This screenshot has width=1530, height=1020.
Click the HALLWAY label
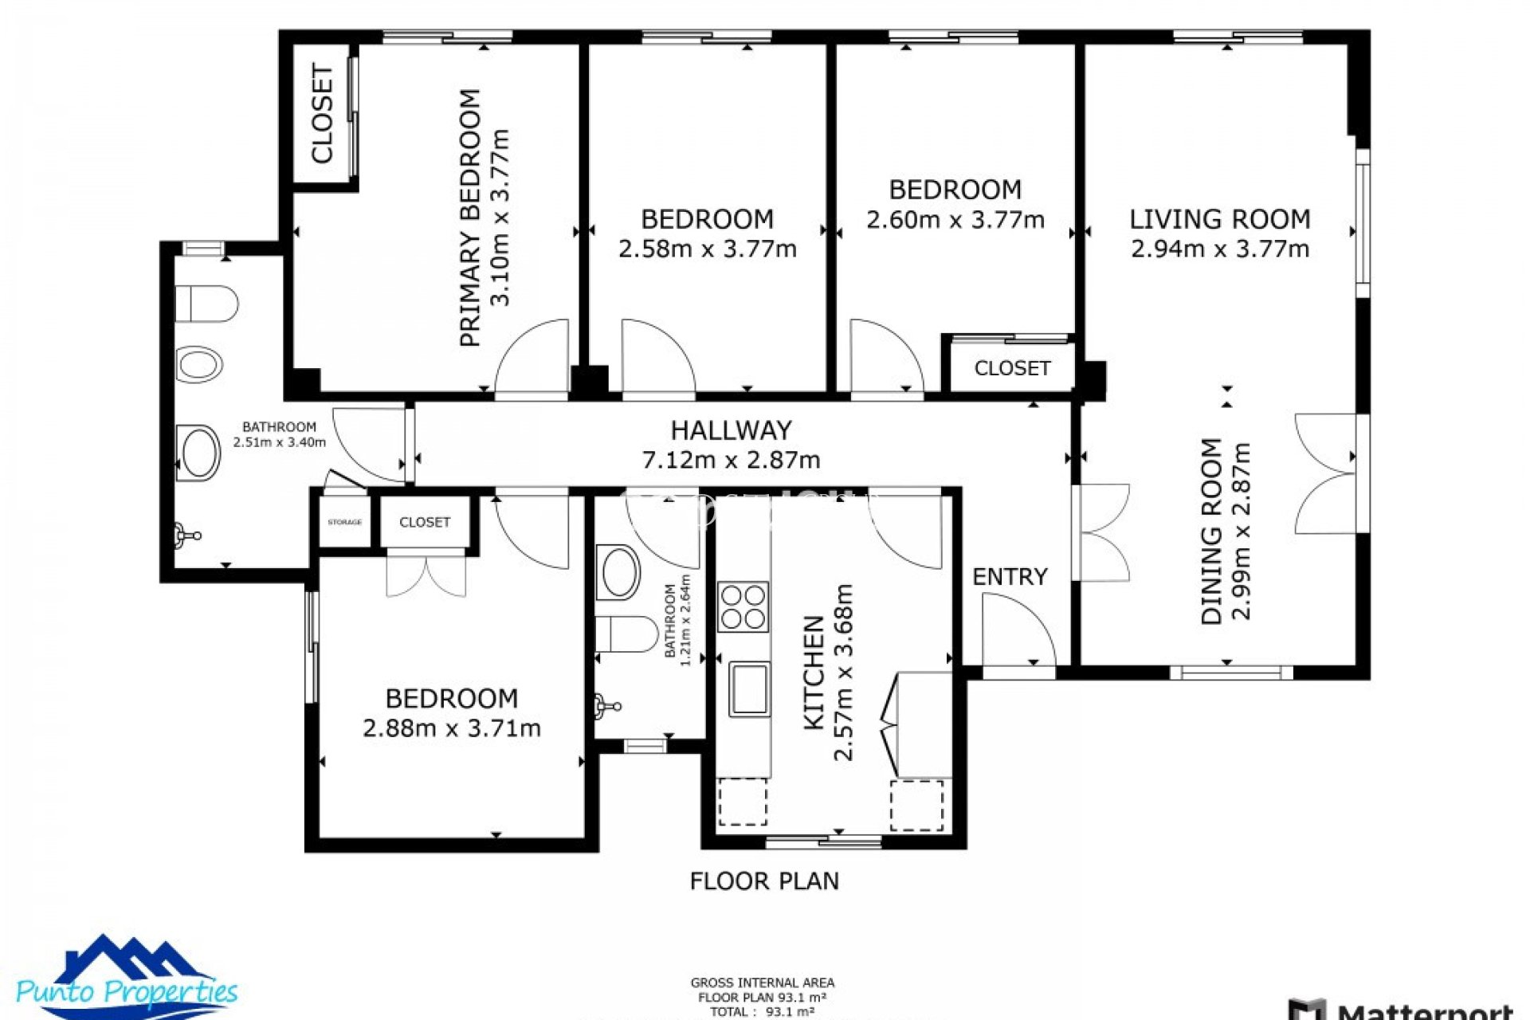(x=731, y=430)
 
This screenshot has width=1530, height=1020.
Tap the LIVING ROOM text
(x=1219, y=219)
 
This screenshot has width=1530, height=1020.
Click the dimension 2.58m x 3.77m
(x=707, y=249)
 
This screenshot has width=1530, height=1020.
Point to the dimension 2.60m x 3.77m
(x=955, y=220)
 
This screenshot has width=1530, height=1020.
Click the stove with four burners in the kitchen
(x=743, y=607)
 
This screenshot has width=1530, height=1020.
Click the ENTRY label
(x=1010, y=577)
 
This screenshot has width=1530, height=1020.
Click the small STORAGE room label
(x=344, y=523)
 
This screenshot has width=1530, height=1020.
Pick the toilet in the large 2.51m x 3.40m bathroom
(x=207, y=304)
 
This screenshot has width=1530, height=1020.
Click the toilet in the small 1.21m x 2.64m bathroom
(x=626, y=634)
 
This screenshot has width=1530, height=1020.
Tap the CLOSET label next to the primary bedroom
(x=322, y=115)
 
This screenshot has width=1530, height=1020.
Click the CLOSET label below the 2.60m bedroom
(x=1012, y=369)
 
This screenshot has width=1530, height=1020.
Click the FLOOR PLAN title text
(x=763, y=881)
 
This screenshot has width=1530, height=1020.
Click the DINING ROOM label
(x=1211, y=532)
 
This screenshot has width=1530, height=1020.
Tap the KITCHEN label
(x=814, y=673)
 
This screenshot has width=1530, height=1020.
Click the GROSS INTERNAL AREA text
(x=762, y=983)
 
